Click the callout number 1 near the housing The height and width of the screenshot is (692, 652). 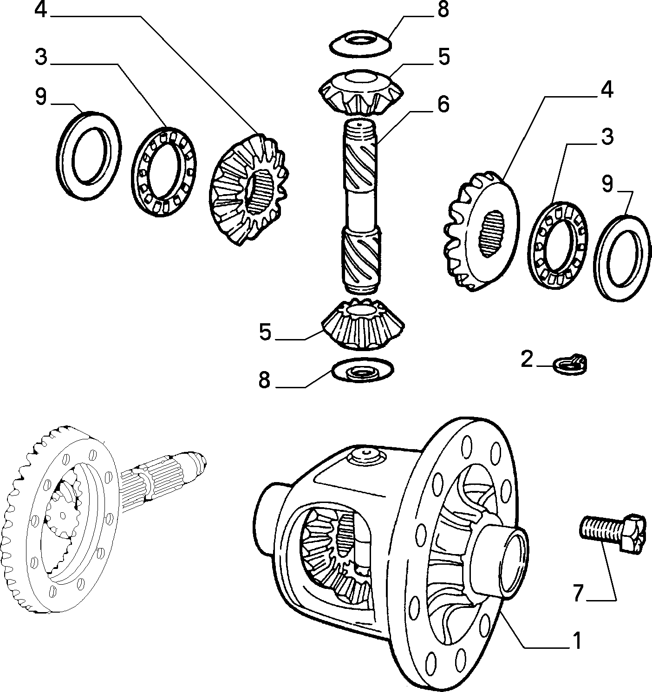[577, 641]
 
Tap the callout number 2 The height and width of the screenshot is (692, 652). [527, 359]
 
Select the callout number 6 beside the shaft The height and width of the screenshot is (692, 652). [443, 104]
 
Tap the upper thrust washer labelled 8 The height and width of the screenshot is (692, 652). [360, 43]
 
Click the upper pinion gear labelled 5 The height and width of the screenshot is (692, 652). [361, 93]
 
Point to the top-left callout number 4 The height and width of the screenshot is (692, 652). [41, 10]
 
